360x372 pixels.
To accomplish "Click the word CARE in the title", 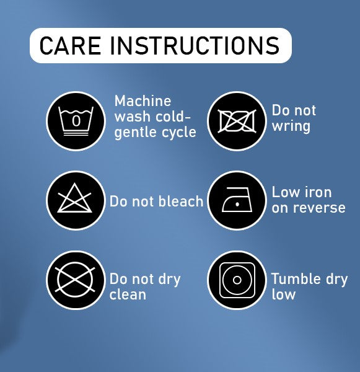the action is (x=70, y=45).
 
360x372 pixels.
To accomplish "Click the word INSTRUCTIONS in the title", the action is (x=195, y=45).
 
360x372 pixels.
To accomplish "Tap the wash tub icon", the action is (x=76, y=121).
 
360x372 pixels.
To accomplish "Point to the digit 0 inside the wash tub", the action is (x=76, y=120).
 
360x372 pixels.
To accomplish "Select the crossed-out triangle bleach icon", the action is (x=75, y=198).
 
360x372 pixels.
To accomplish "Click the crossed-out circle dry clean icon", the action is (x=75, y=280).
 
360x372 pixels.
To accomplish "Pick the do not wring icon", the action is (x=237, y=121).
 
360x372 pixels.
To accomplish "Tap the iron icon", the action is (x=237, y=200).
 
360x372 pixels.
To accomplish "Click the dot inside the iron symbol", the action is (x=237, y=204).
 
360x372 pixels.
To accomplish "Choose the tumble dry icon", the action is (x=237, y=280).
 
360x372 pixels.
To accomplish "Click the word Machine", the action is (x=143, y=101).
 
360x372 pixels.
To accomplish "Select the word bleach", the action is (x=181, y=201).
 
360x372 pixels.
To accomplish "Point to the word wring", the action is (x=291, y=126).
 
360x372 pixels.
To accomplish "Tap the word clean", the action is (x=128, y=294).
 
